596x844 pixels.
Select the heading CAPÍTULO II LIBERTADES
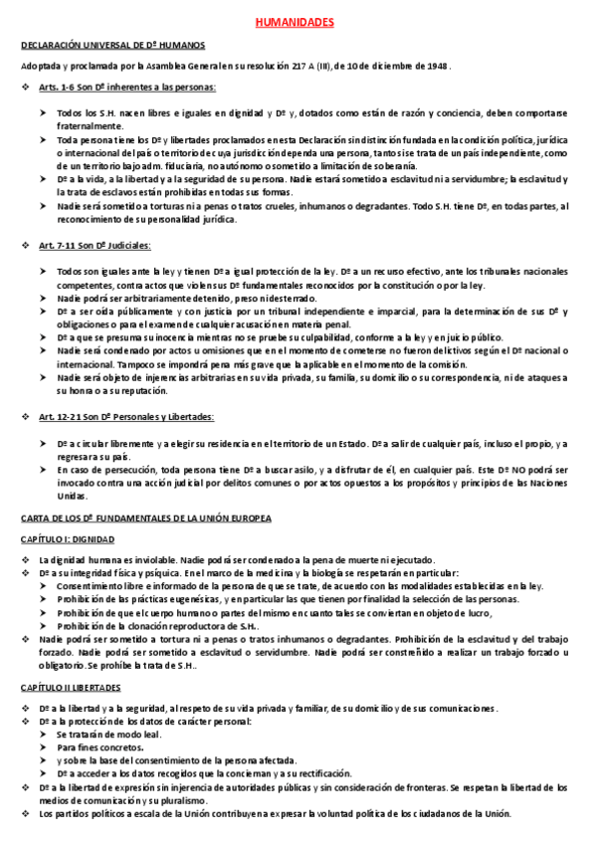[x=71, y=687]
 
